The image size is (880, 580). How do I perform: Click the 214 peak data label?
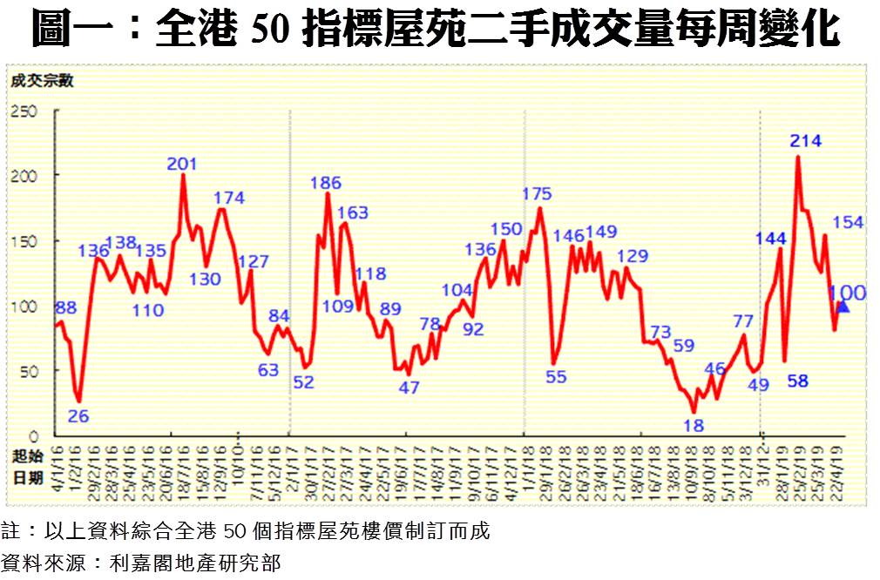pyautogui.click(x=806, y=140)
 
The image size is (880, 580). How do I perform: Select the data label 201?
pyautogui.click(x=182, y=163)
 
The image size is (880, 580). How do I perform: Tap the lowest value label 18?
pyautogui.click(x=694, y=425)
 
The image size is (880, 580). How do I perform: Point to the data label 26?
pyautogui.click(x=78, y=416)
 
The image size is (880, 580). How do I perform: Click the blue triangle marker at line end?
pyautogui.click(x=843, y=306)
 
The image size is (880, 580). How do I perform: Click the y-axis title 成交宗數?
pyautogui.click(x=42, y=82)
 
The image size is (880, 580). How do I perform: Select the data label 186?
pyautogui.click(x=326, y=183)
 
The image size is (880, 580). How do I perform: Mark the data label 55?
pyautogui.click(x=556, y=377)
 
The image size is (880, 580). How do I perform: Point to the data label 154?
pyautogui.click(x=848, y=222)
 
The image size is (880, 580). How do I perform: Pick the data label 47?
pyautogui.click(x=410, y=388)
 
